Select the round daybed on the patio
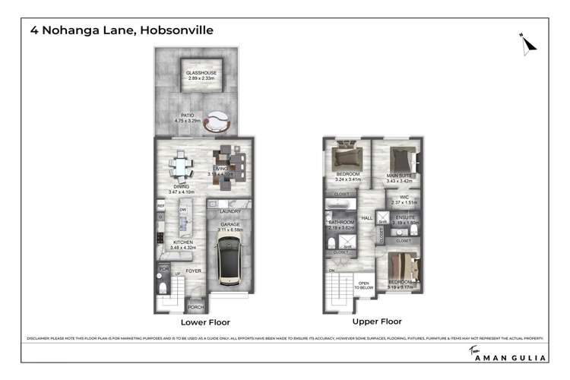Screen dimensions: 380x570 (218, 119)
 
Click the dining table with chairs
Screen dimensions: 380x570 (181, 165)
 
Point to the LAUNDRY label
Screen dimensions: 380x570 (230, 211)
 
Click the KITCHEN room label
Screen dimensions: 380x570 (182, 243)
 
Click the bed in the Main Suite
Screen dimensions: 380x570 (401, 161)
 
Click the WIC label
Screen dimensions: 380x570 (404, 197)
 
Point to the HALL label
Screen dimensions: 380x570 (366, 217)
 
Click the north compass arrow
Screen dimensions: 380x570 (528, 43)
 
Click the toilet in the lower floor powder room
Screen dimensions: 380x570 (164, 288)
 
